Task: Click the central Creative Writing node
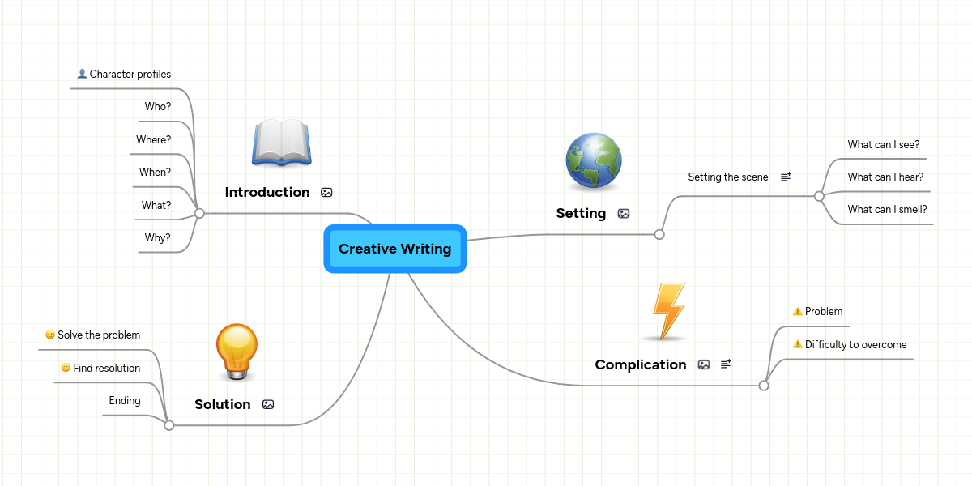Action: (394, 249)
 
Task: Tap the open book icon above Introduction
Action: (281, 143)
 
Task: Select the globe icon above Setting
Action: (594, 162)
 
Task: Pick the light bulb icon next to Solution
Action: (237, 352)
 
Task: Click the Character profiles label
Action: (130, 74)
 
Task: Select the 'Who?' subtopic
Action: (158, 106)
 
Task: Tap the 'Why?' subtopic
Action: (158, 237)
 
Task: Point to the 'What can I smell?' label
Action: (887, 209)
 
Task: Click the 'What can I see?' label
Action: (884, 144)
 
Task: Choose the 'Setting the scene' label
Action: (728, 177)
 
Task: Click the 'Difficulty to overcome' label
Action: (855, 344)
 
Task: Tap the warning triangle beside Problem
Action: (797, 311)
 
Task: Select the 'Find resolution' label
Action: (107, 368)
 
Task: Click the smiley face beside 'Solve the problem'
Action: (50, 335)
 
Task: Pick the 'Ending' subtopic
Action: (125, 400)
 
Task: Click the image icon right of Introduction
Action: (326, 193)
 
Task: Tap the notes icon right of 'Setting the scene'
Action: (786, 177)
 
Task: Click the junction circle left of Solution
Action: (169, 424)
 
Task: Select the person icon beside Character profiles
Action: (82, 74)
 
